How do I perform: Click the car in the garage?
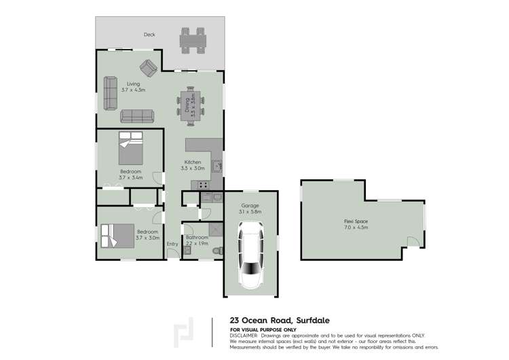click(251, 255)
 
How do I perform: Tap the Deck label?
click(149, 35)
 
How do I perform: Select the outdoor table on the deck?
click(193, 41)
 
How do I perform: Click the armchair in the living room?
click(149, 68)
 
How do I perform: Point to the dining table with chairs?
click(191, 106)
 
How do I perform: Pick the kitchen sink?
click(217, 166)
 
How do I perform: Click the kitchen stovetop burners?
click(204, 185)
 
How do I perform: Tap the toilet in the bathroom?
click(218, 251)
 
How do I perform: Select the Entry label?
click(172, 244)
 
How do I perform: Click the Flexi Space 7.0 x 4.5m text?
click(356, 225)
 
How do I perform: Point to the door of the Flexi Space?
click(413, 242)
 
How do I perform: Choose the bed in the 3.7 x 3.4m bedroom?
click(130, 148)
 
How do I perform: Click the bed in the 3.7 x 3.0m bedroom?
click(117, 236)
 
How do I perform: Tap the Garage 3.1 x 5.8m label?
click(250, 209)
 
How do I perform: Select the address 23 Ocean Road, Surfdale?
click(280, 321)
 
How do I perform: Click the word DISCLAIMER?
click(244, 336)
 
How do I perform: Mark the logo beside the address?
click(184, 333)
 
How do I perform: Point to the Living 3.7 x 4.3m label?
click(133, 87)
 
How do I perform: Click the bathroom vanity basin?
click(187, 250)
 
